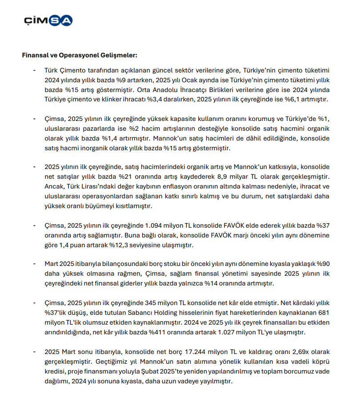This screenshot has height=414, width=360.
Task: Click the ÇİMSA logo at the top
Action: point(48,20)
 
